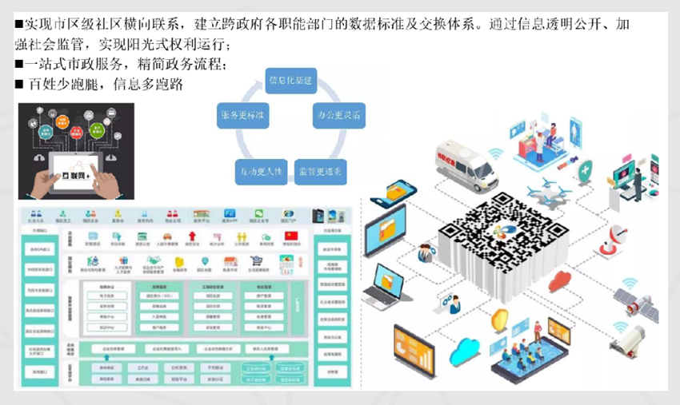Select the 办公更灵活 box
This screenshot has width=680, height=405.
pyautogui.click(x=338, y=115)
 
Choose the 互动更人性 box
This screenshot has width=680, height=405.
pyautogui.click(x=259, y=171)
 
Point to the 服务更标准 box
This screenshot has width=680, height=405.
pyautogui.click(x=243, y=115)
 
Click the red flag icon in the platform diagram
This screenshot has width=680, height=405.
pyautogui.click(x=291, y=236)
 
